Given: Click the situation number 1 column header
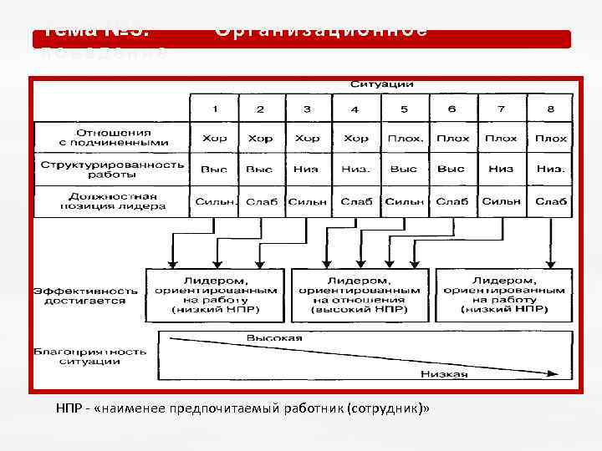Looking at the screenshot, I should (215, 109).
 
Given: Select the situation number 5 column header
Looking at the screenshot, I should (404, 109).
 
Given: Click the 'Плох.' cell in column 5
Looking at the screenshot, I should (405, 138).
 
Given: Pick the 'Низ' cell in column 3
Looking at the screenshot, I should (307, 169).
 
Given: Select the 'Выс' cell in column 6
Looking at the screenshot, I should (451, 169).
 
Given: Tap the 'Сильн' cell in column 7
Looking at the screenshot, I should (502, 201).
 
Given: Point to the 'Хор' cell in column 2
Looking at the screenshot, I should (260, 138).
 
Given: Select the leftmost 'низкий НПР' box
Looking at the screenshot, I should (216, 295).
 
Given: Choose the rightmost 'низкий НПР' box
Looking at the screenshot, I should (503, 295).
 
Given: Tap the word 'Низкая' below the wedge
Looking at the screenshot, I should (444, 374).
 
